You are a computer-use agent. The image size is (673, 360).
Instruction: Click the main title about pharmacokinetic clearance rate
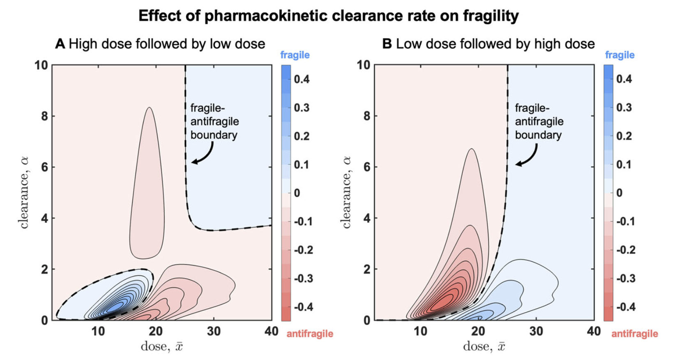(x=328, y=16)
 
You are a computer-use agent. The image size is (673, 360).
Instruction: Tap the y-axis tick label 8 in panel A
(x=44, y=116)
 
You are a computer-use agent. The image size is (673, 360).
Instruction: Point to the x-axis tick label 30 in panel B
(x=536, y=331)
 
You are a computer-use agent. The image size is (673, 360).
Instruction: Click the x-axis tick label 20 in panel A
(x=156, y=331)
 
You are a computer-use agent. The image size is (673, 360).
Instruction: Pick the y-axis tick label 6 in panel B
(x=366, y=167)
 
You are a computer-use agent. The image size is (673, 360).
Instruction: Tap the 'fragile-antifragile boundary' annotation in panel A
(x=214, y=122)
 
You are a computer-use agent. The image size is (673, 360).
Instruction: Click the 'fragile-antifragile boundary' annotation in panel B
(x=539, y=122)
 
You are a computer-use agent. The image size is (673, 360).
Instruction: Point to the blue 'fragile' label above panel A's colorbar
(x=295, y=55)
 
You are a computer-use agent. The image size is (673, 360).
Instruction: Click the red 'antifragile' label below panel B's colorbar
(x=634, y=334)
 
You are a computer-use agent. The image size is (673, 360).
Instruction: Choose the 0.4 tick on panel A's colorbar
(x=302, y=79)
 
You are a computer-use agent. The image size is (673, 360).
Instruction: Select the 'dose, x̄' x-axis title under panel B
(x=484, y=346)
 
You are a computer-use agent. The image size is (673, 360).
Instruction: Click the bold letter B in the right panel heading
(x=387, y=44)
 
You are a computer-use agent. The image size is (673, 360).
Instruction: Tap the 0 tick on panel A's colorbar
(x=297, y=193)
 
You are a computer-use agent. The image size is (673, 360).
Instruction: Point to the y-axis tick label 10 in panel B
(x=363, y=65)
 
